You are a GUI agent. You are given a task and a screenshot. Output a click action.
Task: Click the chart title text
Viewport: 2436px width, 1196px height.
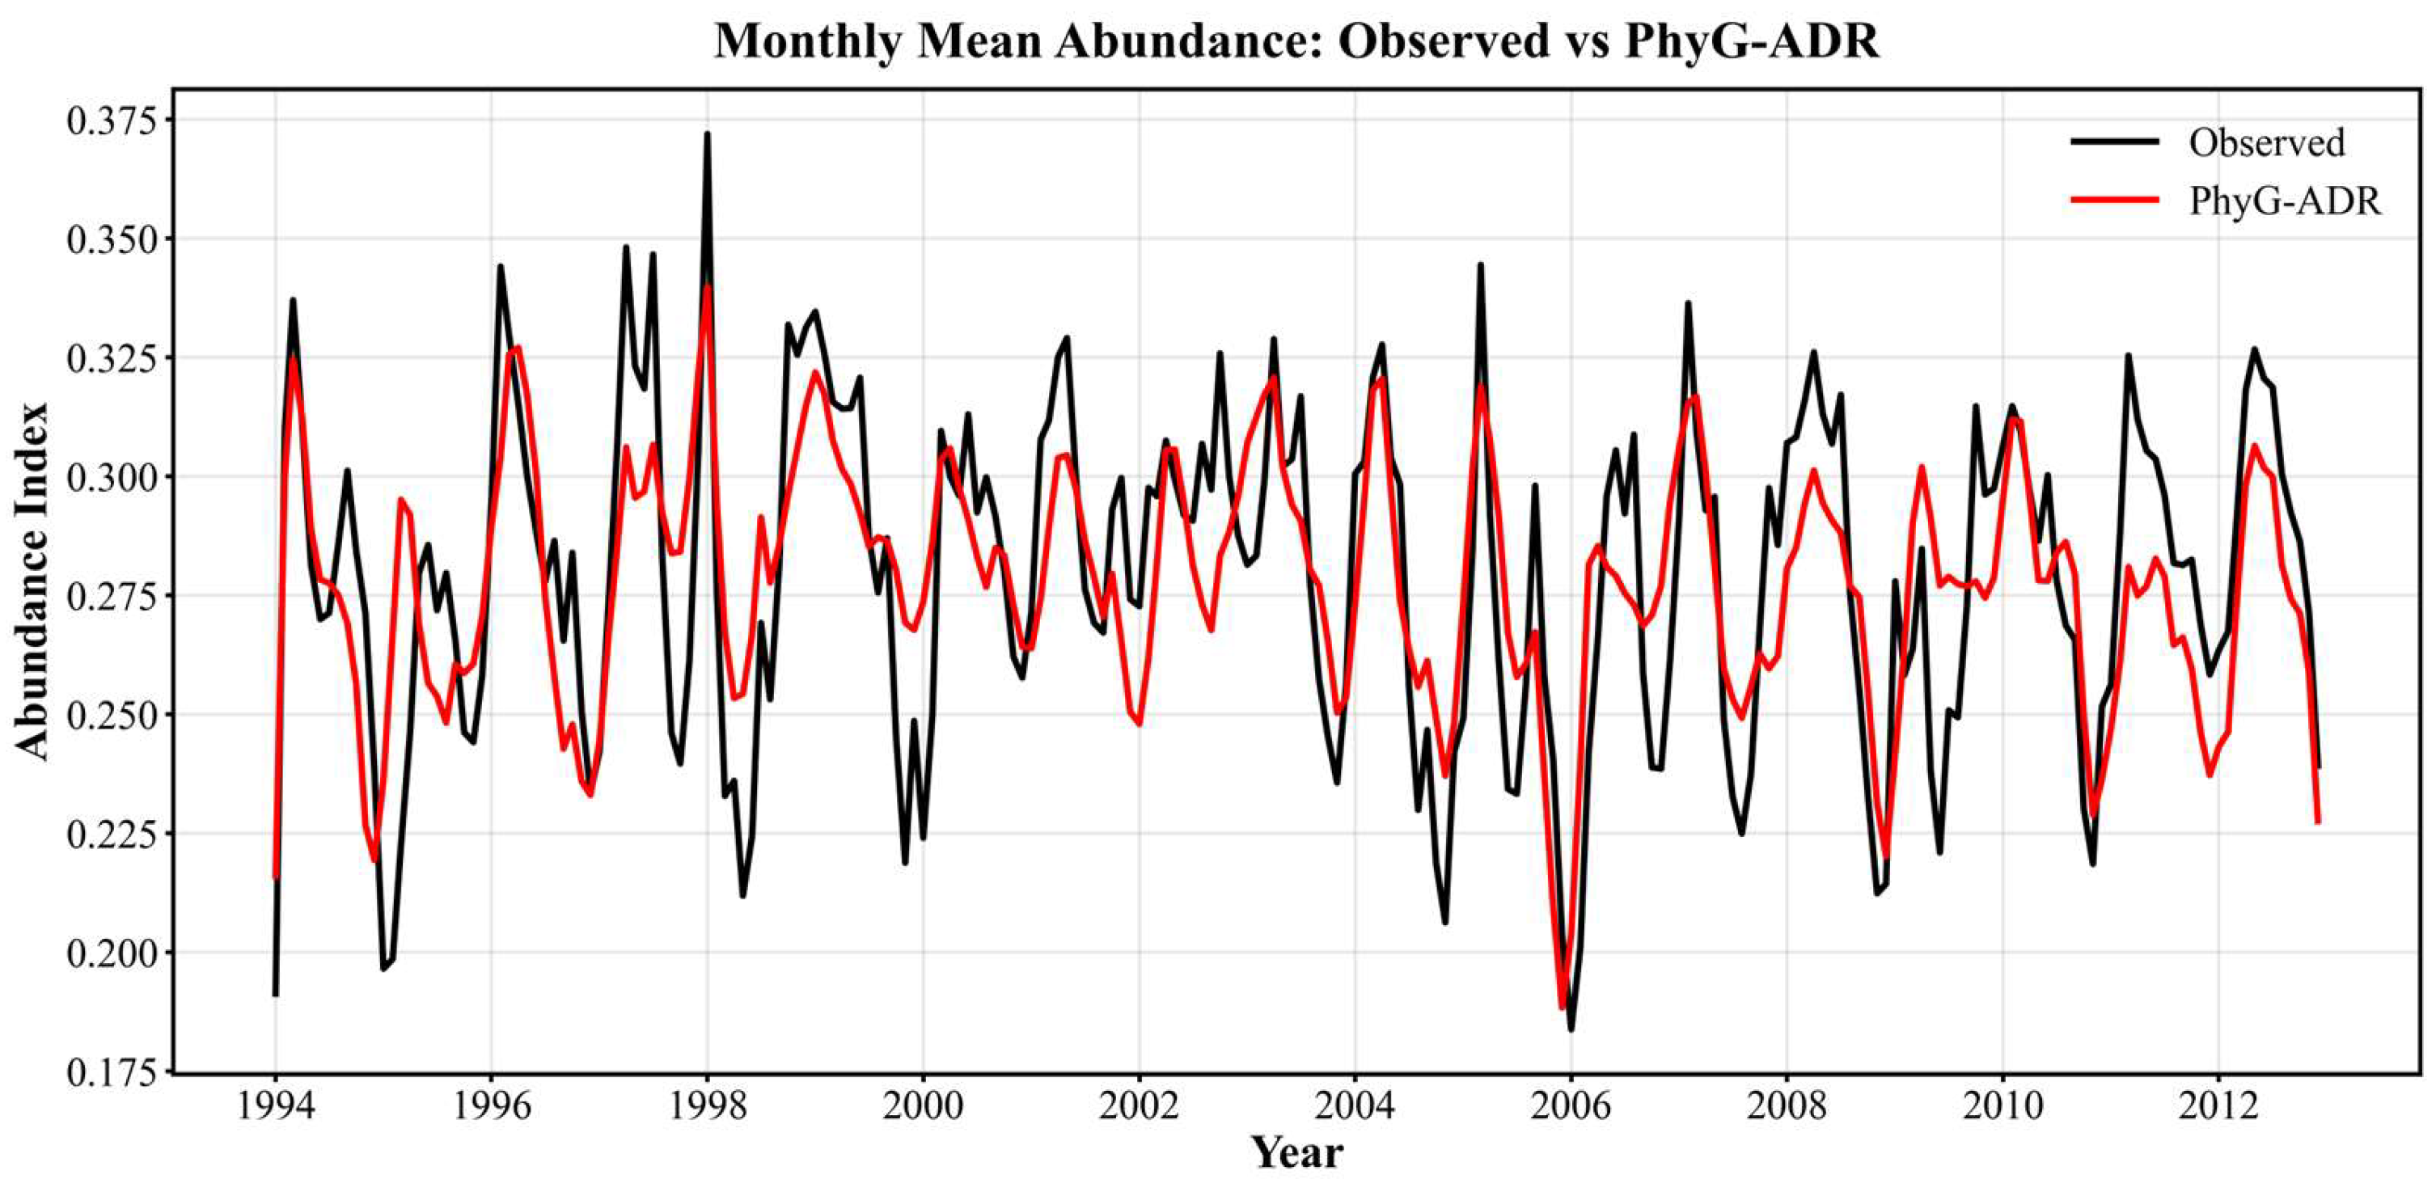1296,41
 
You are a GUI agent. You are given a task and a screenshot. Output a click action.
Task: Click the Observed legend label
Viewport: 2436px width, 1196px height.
2267,143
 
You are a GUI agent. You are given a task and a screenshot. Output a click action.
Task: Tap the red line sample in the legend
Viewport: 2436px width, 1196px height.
2114,200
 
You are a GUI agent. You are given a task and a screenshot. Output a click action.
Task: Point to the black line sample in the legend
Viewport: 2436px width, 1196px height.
2114,142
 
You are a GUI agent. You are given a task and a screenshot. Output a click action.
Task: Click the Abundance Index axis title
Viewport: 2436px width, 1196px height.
33,581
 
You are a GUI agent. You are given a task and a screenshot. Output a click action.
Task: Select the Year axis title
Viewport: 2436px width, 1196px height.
1297,1152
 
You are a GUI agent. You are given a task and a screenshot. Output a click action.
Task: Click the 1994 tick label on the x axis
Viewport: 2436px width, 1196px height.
275,1106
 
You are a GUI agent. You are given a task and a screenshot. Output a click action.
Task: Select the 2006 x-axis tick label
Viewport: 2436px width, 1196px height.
1571,1106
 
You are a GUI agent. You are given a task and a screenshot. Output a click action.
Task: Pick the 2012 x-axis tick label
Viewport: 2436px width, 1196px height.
2218,1106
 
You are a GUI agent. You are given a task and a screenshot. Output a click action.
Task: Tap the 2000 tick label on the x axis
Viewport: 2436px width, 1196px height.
923,1106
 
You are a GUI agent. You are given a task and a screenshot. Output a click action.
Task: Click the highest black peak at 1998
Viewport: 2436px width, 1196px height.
706,134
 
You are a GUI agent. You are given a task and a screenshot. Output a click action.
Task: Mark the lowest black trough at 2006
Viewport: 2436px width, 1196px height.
1571,1029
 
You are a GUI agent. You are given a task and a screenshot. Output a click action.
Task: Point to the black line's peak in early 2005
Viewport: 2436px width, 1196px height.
1481,264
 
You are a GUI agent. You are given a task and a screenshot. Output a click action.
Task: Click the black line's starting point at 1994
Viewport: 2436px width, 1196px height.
275,995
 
